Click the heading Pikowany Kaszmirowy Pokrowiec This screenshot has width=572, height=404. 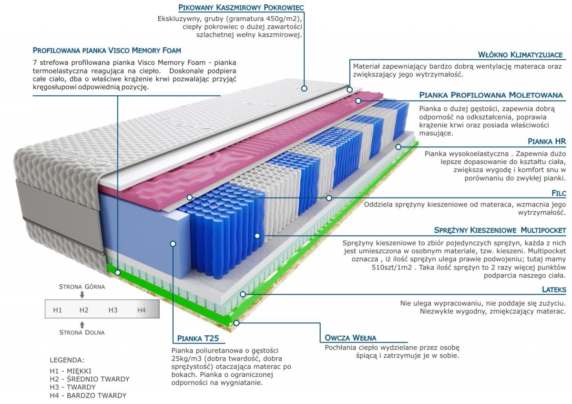pyautogui.click(x=241, y=8)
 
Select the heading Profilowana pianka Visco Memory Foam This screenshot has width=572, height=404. pyautogui.click(x=107, y=51)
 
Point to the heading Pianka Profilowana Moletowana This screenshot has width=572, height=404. pyautogui.click(x=491, y=95)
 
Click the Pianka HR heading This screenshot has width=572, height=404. pyautogui.click(x=547, y=142)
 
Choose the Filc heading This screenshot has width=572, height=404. pyautogui.click(x=557, y=193)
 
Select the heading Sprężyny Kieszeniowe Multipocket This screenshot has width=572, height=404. pyautogui.click(x=500, y=230)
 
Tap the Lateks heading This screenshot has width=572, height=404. pyautogui.click(x=554, y=290)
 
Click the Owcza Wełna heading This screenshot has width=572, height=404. pyautogui.click(x=350, y=338)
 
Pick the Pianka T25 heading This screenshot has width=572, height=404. pyautogui.click(x=198, y=339)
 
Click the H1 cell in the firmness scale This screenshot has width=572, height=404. pyautogui.click(x=58, y=310)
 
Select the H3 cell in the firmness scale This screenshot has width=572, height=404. pyautogui.click(x=113, y=310)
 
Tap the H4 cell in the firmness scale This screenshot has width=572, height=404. pyautogui.click(x=141, y=310)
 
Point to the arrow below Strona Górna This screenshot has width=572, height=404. pyautogui.click(x=82, y=295)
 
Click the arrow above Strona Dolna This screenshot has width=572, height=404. pyautogui.click(x=82, y=324)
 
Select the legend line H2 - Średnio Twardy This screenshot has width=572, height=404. pyautogui.click(x=90, y=379)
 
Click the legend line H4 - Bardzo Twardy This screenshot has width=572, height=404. pyautogui.click(x=88, y=395)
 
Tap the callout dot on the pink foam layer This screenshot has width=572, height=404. pyautogui.click(x=358, y=101)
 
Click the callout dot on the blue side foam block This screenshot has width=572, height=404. pyautogui.click(x=173, y=244)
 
